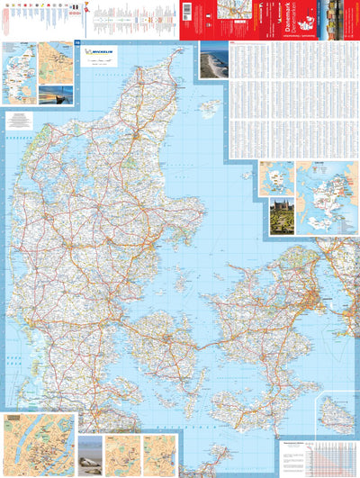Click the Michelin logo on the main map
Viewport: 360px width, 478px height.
pos(100,53)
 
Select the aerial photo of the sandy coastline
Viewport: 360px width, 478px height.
pos(213,59)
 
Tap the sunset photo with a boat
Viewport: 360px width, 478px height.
pos(57,93)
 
